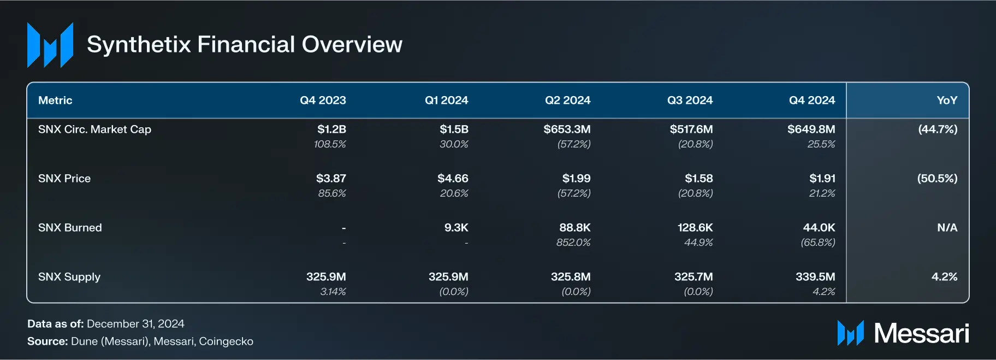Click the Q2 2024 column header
click(x=567, y=101)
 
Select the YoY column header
click(x=946, y=101)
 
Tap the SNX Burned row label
click(x=70, y=228)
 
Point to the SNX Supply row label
click(x=69, y=277)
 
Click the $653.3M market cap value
click(x=567, y=129)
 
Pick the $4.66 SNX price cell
click(x=453, y=179)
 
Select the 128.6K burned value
click(x=695, y=228)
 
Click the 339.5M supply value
click(x=815, y=277)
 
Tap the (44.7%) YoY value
click(x=938, y=129)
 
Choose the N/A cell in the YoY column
click(x=947, y=228)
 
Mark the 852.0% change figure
click(x=573, y=243)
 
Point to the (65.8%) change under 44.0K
click(x=817, y=243)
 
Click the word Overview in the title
click(x=352, y=44)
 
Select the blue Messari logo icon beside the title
click(x=50, y=45)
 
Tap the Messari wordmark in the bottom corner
click(x=921, y=333)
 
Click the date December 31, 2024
click(x=135, y=324)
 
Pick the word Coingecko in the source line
click(x=226, y=341)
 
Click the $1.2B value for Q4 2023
click(x=331, y=129)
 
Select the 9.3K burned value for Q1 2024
click(x=456, y=228)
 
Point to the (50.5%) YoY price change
click(x=937, y=179)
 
